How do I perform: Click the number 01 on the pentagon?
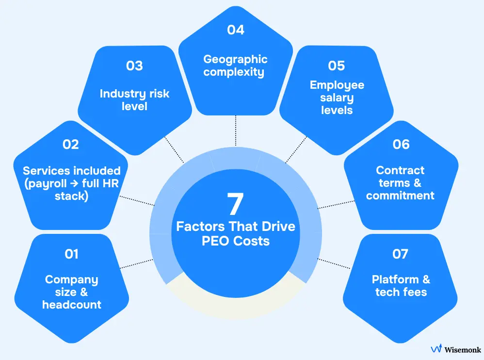(x=71, y=254)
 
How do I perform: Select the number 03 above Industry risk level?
(x=134, y=66)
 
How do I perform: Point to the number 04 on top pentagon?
(x=235, y=30)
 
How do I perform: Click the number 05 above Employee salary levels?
(x=337, y=66)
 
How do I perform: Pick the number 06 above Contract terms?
(x=401, y=145)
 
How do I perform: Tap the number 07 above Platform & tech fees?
(x=400, y=254)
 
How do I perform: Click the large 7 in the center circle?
(x=235, y=204)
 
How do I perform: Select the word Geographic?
(x=235, y=60)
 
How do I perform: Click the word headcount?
(x=72, y=305)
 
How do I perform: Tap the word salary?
(x=337, y=98)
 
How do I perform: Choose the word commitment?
(x=400, y=196)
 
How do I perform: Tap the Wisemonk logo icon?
(x=436, y=349)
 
